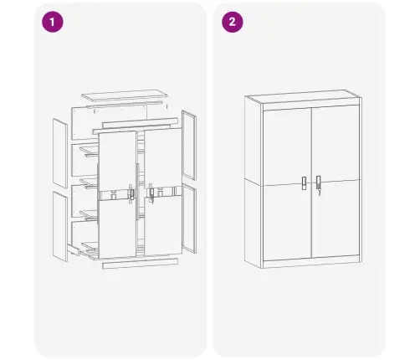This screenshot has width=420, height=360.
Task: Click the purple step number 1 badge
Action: [x=52, y=22]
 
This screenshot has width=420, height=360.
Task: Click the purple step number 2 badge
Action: [x=231, y=22]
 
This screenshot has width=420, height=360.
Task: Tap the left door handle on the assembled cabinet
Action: [x=304, y=182]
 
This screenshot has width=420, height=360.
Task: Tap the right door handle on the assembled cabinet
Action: [x=319, y=182]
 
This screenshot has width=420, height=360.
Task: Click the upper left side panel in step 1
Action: [x=60, y=152]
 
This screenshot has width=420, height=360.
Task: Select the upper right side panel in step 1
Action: [x=191, y=146]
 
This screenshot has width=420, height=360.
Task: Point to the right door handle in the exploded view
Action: [x=151, y=193]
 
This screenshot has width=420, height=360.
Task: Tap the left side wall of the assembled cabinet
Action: [x=253, y=180]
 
